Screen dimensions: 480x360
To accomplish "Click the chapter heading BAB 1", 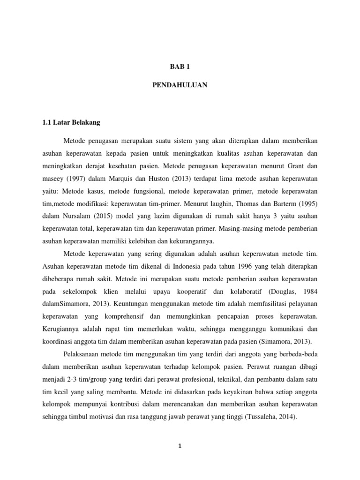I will (180, 67).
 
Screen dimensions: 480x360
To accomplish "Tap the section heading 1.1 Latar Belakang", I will (71, 123).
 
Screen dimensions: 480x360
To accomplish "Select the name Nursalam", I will (76, 217).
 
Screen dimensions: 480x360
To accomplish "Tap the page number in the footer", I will (180, 446).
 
